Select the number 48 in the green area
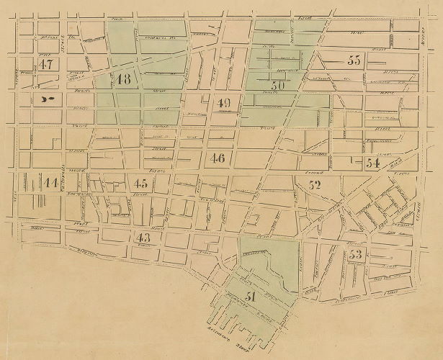point(123,78)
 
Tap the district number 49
point(223,103)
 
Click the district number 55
point(354,60)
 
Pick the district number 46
point(218,158)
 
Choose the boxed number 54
point(372,163)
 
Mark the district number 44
point(50,183)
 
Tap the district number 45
point(140,182)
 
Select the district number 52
point(314,184)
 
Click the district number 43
point(144,237)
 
